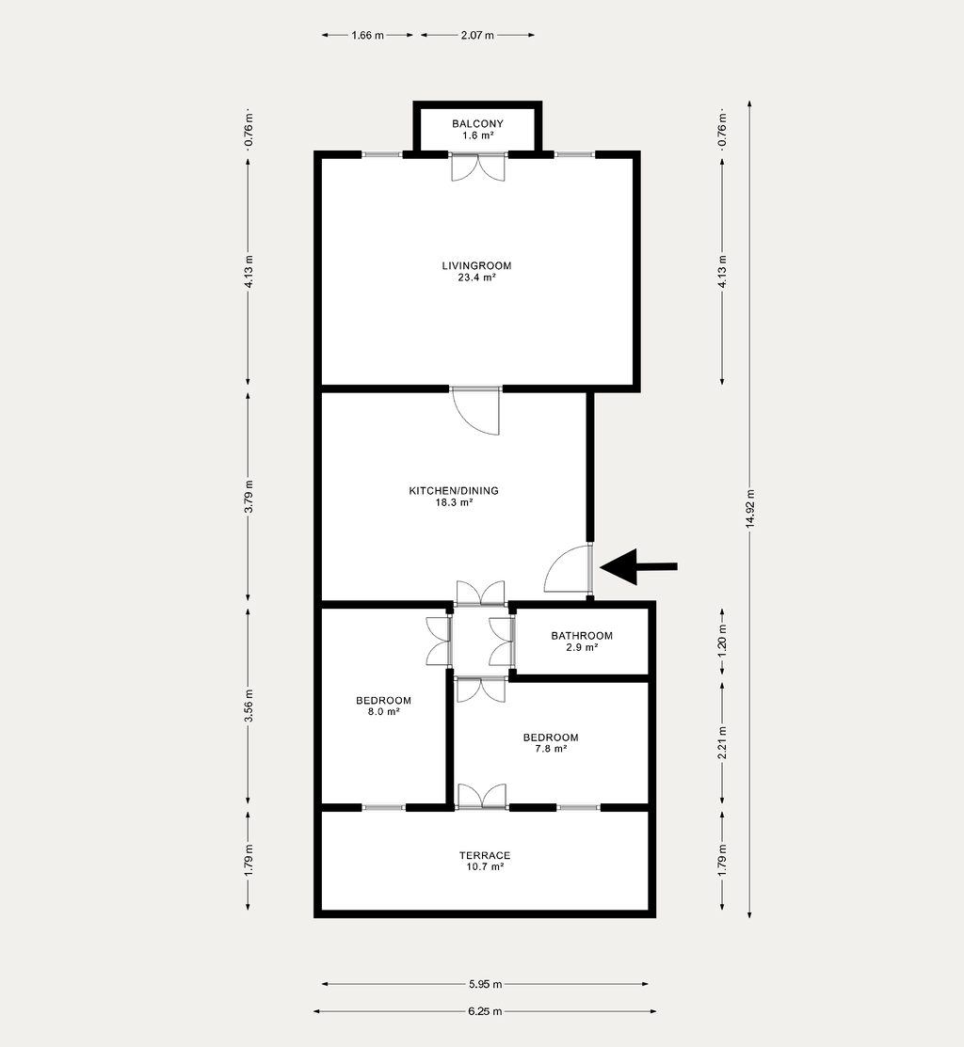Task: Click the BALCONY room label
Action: point(477,123)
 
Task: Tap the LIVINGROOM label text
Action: point(476,266)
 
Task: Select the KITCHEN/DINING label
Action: point(454,491)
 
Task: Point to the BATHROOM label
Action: point(581,636)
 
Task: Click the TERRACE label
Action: point(484,855)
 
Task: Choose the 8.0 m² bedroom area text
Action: point(383,712)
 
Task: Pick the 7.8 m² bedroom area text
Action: point(551,749)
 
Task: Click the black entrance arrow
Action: point(638,567)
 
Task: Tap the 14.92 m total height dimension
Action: point(749,509)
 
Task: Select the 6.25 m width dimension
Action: point(484,1011)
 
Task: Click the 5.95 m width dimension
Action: point(485,984)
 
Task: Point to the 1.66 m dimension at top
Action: point(367,36)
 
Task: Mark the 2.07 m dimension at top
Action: point(477,36)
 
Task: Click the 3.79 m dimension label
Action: point(249,497)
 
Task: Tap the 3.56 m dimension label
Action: point(249,706)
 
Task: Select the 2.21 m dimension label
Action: point(722,742)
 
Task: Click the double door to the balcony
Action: point(477,167)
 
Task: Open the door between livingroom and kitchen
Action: point(475,410)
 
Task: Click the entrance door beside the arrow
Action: point(569,569)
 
